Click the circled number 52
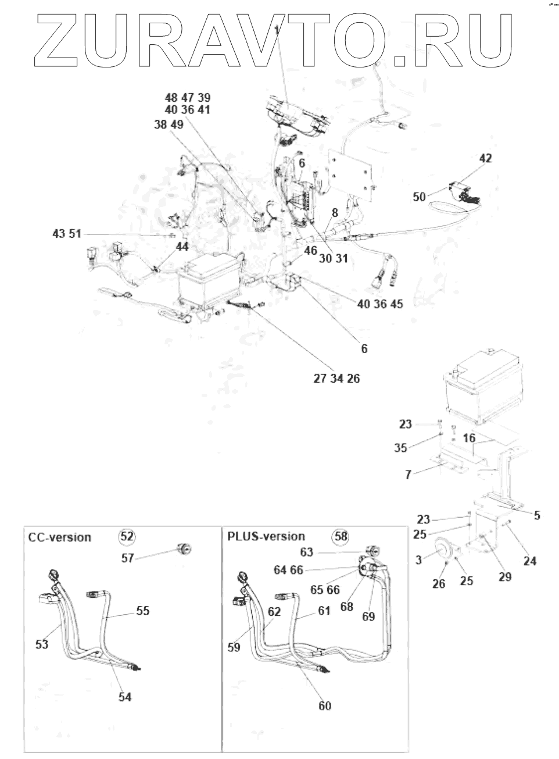point(127,536)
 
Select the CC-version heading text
point(60,537)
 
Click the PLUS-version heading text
point(266,536)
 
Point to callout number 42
point(485,158)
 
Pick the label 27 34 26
point(336,379)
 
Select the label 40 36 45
point(380,304)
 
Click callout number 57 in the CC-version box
point(128,558)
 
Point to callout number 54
point(125,697)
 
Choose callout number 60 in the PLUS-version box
point(325,705)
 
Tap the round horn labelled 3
point(447,552)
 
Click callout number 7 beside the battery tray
point(408,475)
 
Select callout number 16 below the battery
point(470,437)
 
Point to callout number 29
point(505,576)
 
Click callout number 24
point(529,561)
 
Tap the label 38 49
point(169,124)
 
